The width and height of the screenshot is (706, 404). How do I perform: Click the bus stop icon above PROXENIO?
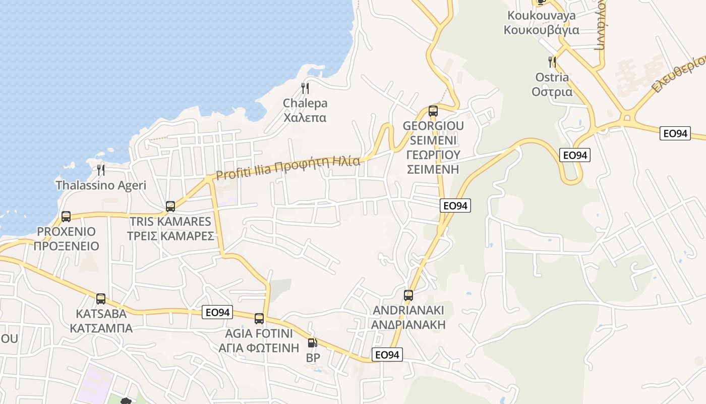[x=66, y=217]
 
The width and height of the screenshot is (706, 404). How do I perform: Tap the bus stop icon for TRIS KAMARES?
[x=170, y=206]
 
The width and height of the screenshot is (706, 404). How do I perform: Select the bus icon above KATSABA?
[x=101, y=298]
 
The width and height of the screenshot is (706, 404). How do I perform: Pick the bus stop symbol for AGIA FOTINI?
[x=259, y=318]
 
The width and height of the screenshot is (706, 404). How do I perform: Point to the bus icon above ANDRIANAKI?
[x=408, y=295]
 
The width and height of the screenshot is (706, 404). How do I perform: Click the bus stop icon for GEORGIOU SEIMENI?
[x=433, y=111]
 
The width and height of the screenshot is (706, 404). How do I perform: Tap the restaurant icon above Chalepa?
[x=305, y=88]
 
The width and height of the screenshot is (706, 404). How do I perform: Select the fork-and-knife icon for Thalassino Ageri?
[x=101, y=170]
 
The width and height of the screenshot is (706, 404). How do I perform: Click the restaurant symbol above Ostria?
[x=552, y=62]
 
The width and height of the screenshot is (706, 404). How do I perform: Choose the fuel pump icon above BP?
[x=313, y=343]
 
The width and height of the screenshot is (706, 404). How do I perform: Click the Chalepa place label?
[x=305, y=111]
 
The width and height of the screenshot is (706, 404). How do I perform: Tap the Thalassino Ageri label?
[x=101, y=185]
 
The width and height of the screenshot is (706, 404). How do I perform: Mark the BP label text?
[x=313, y=358]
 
